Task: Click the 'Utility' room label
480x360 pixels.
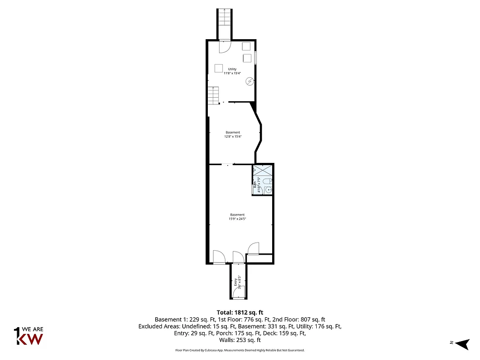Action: (x=232, y=69)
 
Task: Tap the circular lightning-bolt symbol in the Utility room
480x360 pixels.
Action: (x=249, y=81)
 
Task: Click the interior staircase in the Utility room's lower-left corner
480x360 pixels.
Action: (x=213, y=95)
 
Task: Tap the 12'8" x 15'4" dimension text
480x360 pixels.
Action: (x=233, y=136)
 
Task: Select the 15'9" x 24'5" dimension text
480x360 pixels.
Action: (x=238, y=219)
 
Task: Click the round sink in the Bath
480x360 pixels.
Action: (x=269, y=190)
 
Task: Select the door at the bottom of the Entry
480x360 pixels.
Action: (x=239, y=292)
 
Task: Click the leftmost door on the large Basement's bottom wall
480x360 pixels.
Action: (x=219, y=257)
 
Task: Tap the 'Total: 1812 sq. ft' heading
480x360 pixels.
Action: (x=240, y=312)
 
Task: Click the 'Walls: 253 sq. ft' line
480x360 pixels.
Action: (x=240, y=341)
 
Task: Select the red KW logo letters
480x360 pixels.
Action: (x=30, y=338)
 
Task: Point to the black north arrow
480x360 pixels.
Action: (x=462, y=344)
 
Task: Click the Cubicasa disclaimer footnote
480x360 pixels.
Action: (x=240, y=350)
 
